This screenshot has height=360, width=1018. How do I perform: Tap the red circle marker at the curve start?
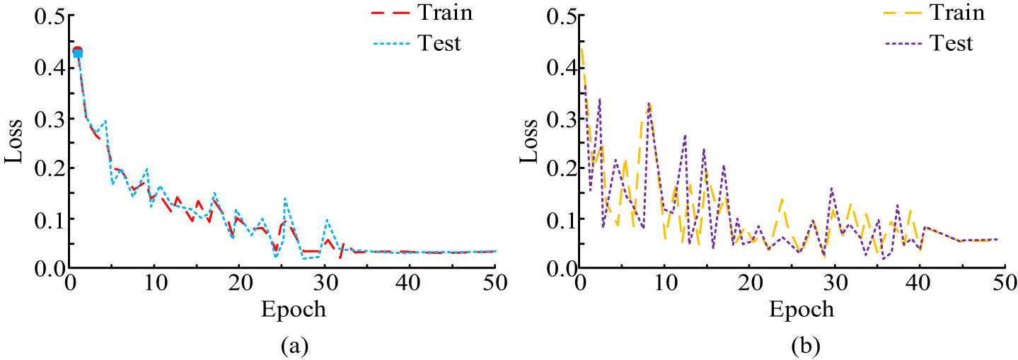[77, 52]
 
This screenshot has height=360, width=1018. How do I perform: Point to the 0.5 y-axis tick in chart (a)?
[47, 18]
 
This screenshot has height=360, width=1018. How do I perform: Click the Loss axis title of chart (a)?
[16, 143]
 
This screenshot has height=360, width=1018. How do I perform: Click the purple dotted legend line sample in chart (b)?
[901, 44]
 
